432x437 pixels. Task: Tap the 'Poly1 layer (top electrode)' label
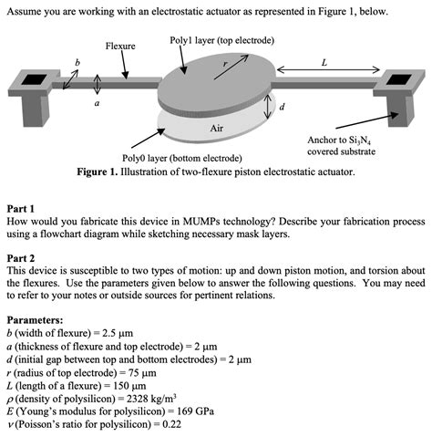click(221, 40)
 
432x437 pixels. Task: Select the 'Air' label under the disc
click(217, 129)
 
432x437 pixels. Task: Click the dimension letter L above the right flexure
click(324, 62)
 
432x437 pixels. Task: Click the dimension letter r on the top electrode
click(224, 65)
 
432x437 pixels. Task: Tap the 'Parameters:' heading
click(35, 321)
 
